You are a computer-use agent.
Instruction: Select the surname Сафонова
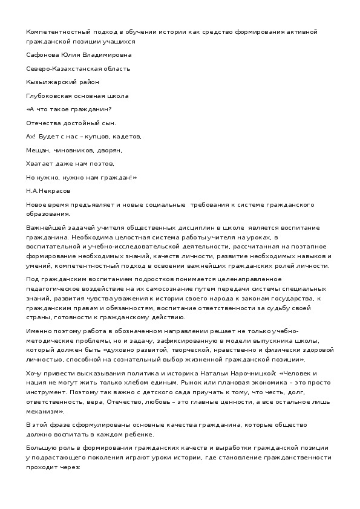(43, 54)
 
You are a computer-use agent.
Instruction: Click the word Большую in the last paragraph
(41, 448)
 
